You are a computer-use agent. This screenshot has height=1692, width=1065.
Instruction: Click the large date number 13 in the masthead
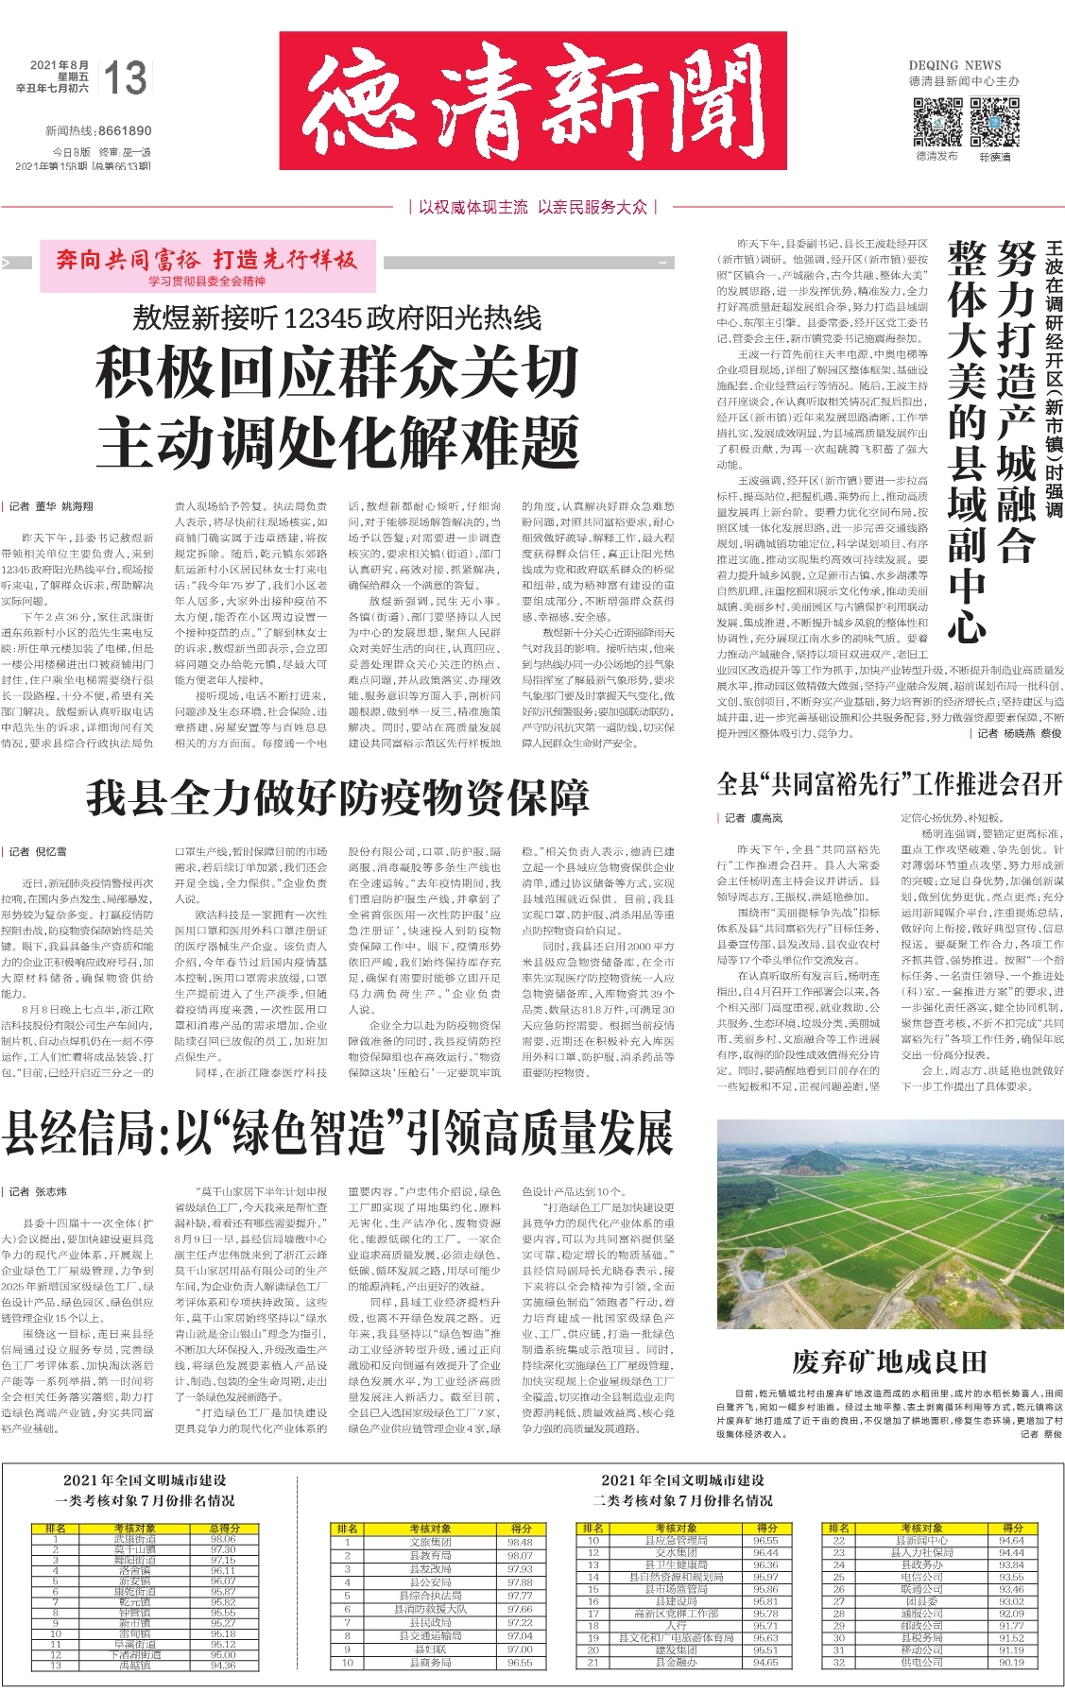(126, 78)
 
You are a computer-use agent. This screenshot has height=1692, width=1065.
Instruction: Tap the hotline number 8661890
(124, 130)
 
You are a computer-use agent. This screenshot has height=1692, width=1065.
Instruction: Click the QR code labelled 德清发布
(936, 121)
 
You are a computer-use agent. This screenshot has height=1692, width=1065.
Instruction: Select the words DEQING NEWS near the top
(954, 65)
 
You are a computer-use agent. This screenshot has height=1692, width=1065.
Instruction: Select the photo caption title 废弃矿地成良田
(889, 1361)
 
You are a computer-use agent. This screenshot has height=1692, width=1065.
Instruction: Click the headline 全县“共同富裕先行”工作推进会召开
(889, 783)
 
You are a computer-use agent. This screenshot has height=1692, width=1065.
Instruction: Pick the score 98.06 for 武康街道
(223, 1539)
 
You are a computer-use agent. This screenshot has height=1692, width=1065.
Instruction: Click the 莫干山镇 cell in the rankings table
(135, 1549)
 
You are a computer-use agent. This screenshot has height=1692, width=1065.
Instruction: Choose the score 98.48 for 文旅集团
(520, 1542)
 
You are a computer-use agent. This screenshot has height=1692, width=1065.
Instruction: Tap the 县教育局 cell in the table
(431, 1555)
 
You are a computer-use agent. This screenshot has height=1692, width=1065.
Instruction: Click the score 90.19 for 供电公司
(1011, 1662)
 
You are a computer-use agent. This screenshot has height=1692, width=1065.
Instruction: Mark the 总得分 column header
(224, 1528)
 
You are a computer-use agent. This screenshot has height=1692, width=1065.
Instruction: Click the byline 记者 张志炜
(39, 1191)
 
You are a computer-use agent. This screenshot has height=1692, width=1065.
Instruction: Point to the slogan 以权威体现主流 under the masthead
(472, 207)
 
